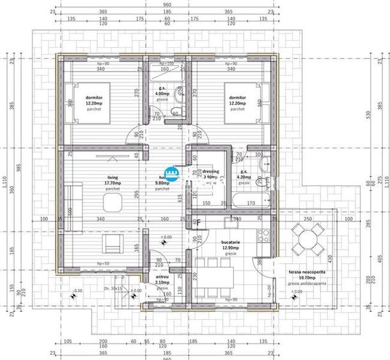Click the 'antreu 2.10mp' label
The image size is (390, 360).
pyautogui.click(x=161, y=278)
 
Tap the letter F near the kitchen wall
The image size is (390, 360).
pyautogui.click(x=199, y=223)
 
